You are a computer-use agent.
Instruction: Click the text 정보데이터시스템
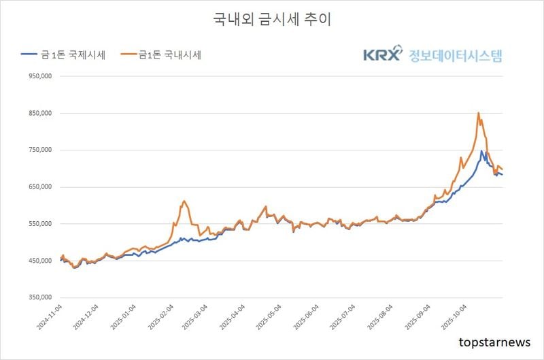(454, 55)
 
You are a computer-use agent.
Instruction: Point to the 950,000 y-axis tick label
(39, 77)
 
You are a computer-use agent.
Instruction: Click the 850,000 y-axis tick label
(39, 114)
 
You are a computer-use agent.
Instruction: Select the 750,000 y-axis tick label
(39, 150)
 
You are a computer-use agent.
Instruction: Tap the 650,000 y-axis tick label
(39, 187)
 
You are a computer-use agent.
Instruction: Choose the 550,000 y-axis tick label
(39, 224)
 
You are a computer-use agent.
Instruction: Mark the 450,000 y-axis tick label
(39, 261)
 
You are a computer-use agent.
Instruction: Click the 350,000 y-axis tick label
(39, 297)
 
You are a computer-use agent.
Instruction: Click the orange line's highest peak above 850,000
(479, 113)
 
